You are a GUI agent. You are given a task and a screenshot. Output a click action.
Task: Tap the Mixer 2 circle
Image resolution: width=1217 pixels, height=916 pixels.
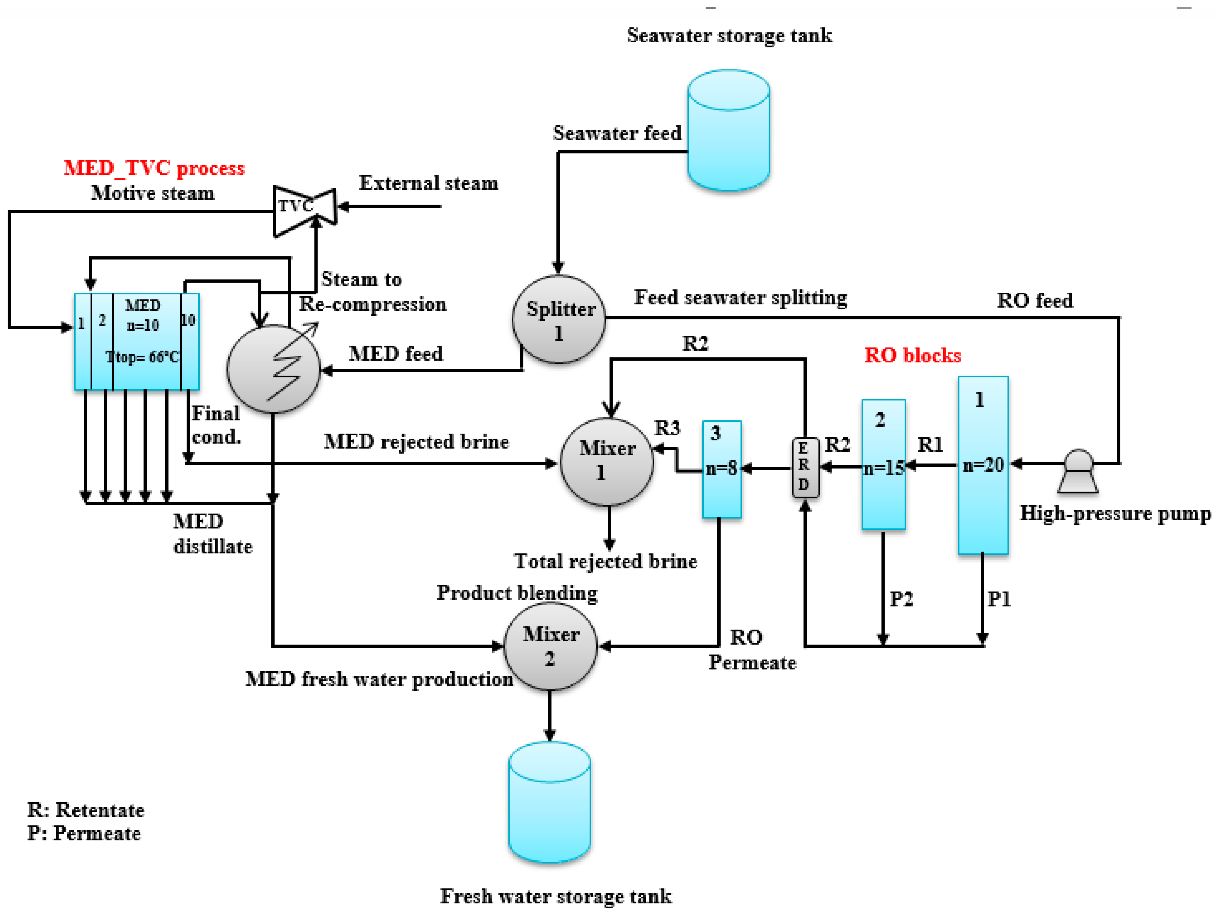pos(550,646)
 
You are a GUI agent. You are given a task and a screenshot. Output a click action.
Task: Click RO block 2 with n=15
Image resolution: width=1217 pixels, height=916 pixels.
pos(883,465)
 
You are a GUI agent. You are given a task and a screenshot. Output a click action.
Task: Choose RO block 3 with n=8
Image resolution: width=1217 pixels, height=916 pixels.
pos(722,469)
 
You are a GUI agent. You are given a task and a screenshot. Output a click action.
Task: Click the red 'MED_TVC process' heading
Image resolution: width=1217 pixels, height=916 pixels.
pos(154,168)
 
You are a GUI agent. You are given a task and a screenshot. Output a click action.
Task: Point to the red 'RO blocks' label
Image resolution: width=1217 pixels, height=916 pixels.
pos(912,355)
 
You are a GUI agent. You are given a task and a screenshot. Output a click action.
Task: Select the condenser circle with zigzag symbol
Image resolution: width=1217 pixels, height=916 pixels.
pos(274,369)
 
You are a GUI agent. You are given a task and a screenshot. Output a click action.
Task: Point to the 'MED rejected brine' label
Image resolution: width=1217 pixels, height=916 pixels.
pos(416,442)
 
